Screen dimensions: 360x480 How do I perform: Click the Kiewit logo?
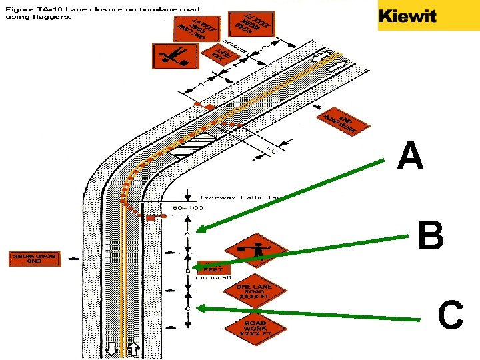pyautogui.click(x=407, y=16)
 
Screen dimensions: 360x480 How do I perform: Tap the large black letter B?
pyautogui.click(x=431, y=236)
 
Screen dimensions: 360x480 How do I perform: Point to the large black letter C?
pyautogui.click(x=451, y=315)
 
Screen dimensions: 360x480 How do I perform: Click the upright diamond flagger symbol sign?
pyautogui.click(x=254, y=251)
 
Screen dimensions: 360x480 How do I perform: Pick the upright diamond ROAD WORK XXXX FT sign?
pyautogui.click(x=255, y=327)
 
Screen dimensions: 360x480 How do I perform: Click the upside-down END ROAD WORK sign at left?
pyautogui.click(x=35, y=258)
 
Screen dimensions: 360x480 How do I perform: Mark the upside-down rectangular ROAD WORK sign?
pyautogui.click(x=250, y=25)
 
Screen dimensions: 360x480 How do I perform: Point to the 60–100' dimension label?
pyautogui.click(x=187, y=208)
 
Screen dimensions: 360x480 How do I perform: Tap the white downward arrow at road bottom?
pyautogui.click(x=111, y=349)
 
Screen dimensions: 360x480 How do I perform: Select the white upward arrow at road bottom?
pyautogui.click(x=133, y=349)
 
